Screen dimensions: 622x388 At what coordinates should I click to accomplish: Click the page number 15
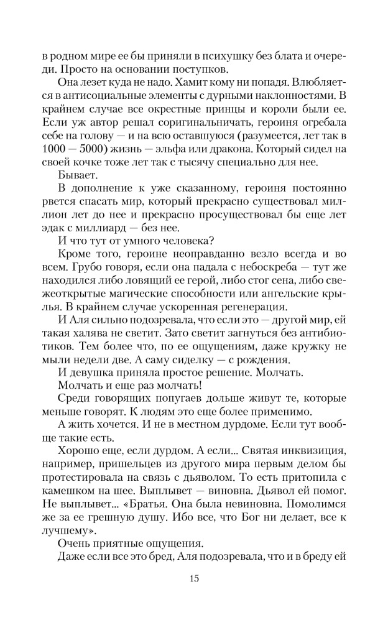pyautogui.click(x=194, y=579)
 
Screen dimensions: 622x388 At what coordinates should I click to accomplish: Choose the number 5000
pyautogui.click(x=98, y=150)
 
